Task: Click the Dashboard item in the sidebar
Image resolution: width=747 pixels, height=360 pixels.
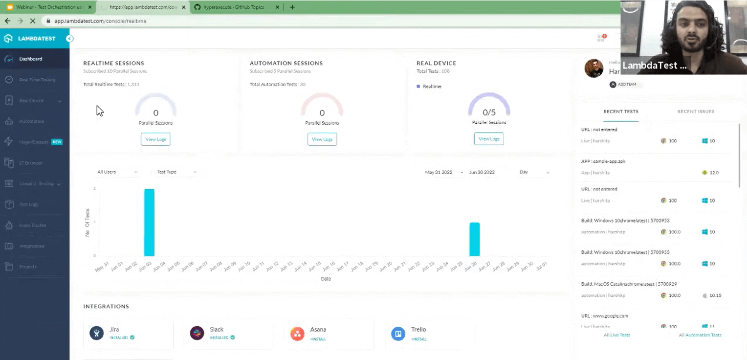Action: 31,59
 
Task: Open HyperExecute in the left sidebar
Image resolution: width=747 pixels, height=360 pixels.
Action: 34,142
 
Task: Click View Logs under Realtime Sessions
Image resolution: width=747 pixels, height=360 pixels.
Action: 155,139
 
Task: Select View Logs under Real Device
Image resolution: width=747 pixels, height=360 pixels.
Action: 488,139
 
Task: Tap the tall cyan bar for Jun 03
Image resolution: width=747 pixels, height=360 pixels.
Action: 149,223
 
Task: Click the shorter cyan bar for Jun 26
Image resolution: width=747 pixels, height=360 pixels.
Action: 474,239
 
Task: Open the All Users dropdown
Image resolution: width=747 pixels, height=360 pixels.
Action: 117,172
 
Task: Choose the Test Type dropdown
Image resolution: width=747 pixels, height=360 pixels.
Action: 176,172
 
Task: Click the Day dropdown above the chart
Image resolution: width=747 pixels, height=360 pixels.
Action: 534,172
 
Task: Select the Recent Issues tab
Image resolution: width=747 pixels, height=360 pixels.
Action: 696,112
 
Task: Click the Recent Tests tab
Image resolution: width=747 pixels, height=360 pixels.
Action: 620,112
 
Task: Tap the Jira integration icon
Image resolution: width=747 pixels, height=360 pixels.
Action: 97,334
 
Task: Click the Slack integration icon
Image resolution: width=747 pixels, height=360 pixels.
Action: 197,334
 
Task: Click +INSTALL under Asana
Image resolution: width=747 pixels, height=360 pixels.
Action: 318,339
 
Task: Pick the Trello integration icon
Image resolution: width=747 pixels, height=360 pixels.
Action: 398,334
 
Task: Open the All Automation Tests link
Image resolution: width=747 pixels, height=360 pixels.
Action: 700,335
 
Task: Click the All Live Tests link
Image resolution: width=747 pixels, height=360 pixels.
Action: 616,335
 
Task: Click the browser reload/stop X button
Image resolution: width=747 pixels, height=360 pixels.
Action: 32,21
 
